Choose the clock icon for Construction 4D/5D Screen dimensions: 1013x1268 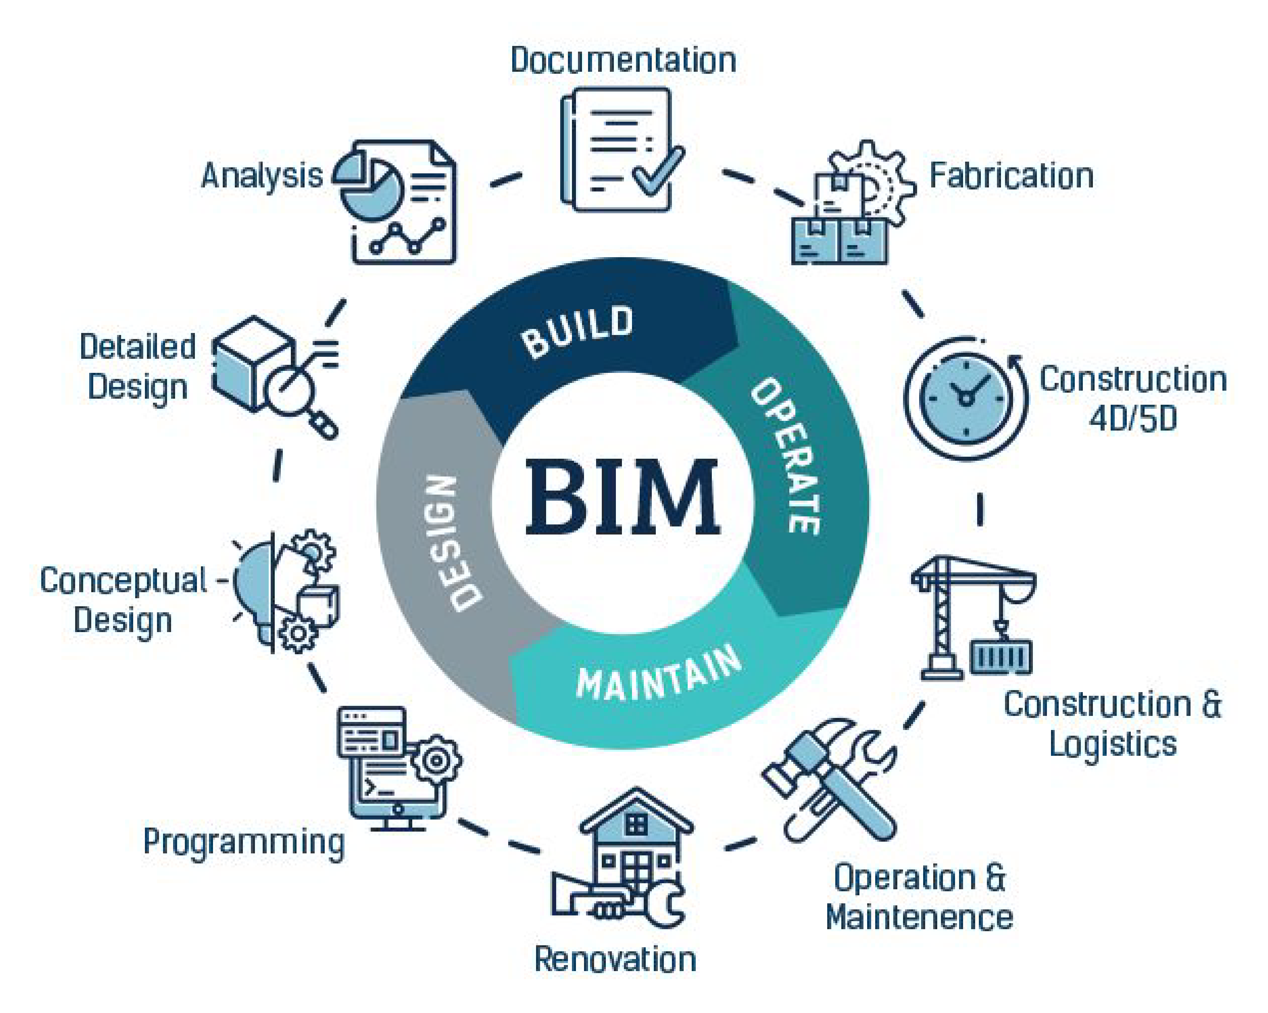tap(966, 398)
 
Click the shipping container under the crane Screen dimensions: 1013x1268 tap(1000, 657)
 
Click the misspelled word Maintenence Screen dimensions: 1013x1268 tap(919, 917)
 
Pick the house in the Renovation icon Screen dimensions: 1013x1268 tap(635, 841)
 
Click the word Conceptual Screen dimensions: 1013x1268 tap(123, 581)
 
